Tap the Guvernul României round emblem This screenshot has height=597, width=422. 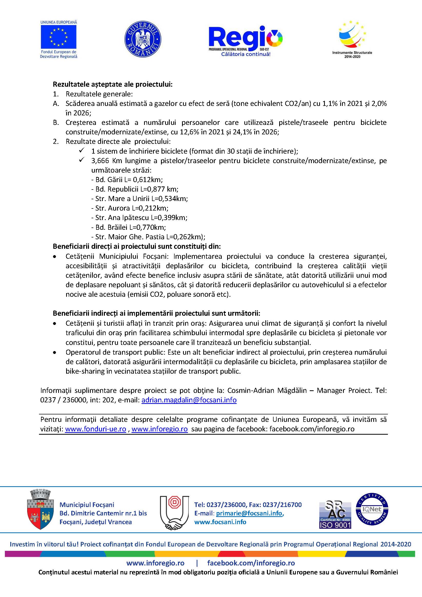click(x=143, y=39)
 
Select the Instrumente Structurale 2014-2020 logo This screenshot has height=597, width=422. click(x=352, y=39)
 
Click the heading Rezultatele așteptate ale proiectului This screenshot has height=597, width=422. click(x=113, y=84)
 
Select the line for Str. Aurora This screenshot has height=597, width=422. click(x=130, y=208)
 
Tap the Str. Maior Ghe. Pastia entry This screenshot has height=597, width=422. click(x=148, y=237)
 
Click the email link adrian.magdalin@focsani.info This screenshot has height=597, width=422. click(x=189, y=400)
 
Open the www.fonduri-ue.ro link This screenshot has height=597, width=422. click(x=95, y=429)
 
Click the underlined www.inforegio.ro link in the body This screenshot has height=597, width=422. click(x=159, y=429)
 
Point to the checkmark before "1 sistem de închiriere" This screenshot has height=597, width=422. click(x=82, y=151)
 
